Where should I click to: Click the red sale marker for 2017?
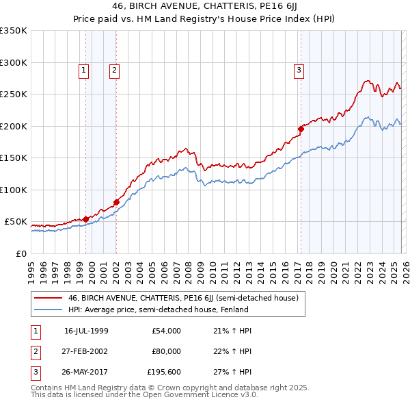coord(300,128)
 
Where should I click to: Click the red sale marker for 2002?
coord(116,202)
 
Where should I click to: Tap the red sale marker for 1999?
coord(85,219)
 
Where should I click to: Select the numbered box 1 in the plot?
coord(83,69)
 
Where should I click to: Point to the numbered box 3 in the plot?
coord(299,69)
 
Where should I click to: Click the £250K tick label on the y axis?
coord(14,94)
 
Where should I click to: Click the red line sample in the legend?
coord(49,298)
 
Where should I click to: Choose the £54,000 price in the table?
coord(166,330)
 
